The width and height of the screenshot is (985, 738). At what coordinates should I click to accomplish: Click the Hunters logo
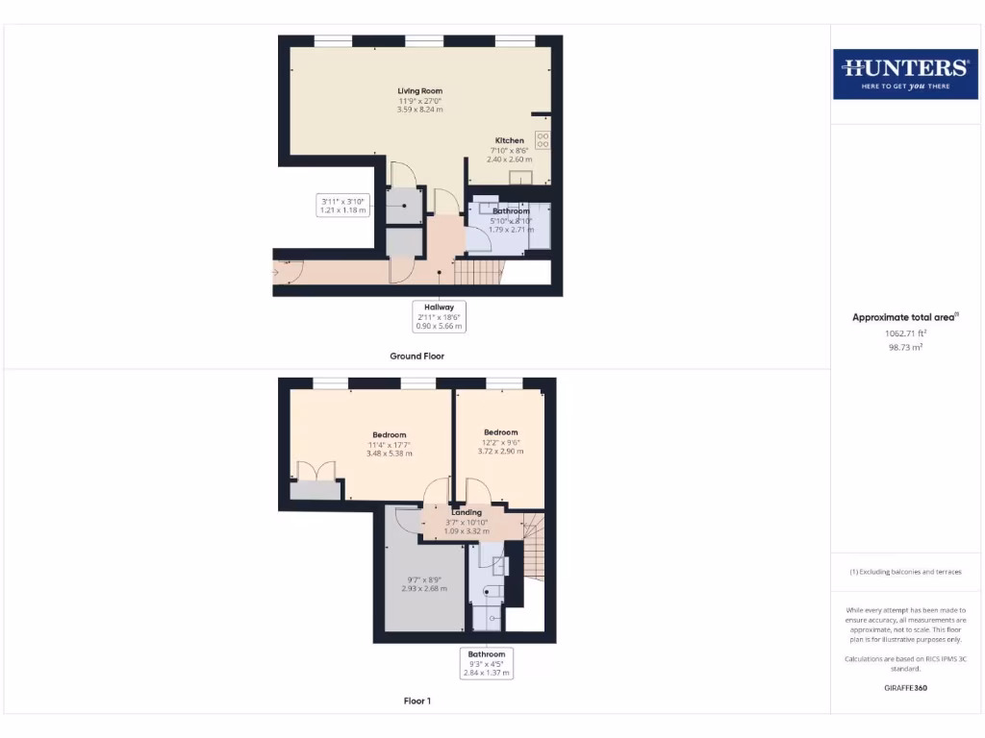click(904, 73)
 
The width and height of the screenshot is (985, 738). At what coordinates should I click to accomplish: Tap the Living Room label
click(419, 100)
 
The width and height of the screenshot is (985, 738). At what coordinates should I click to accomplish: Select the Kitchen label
click(510, 150)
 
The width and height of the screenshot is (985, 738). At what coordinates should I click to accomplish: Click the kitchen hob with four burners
click(543, 139)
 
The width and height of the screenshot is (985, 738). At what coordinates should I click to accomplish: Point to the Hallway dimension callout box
click(440, 316)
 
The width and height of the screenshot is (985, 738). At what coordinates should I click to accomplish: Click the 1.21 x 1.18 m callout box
click(343, 205)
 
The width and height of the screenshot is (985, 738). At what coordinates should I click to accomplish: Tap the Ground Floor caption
click(417, 356)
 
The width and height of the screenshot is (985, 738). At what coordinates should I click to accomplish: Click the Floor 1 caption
click(417, 701)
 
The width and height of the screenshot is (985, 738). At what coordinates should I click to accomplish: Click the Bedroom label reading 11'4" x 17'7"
click(390, 444)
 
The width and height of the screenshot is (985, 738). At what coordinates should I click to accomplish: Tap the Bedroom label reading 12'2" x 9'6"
click(500, 442)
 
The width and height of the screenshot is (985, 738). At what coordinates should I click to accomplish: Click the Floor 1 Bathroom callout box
click(487, 663)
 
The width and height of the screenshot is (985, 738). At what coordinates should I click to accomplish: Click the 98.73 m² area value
click(904, 347)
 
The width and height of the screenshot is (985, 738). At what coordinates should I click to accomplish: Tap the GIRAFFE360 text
click(904, 688)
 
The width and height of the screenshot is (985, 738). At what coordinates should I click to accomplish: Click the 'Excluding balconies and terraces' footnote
click(904, 572)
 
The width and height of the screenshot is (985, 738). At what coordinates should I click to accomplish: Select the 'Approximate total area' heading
click(904, 317)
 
